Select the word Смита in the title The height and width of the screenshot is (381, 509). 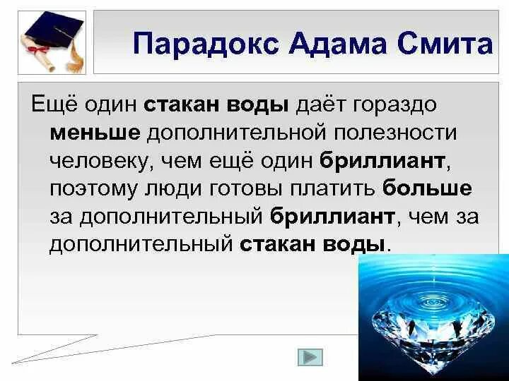click(x=446, y=44)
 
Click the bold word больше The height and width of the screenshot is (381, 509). click(x=427, y=188)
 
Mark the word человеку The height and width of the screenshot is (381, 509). click(x=100, y=161)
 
